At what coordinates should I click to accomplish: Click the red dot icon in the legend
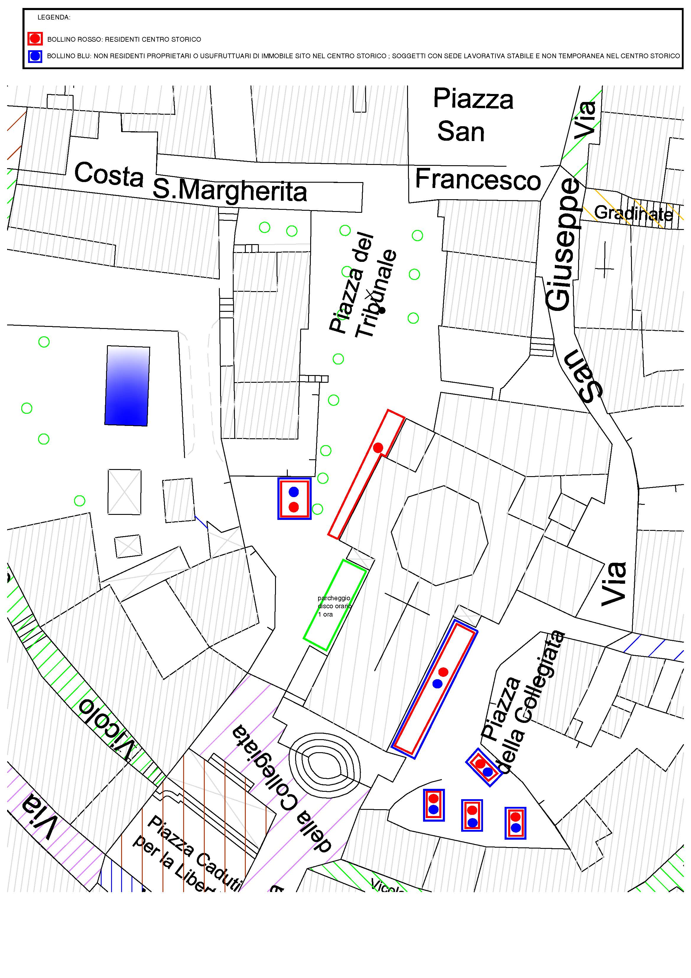[x=35, y=39]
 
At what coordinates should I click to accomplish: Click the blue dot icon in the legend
[x=35, y=56]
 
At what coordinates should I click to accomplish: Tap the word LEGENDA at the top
[x=54, y=17]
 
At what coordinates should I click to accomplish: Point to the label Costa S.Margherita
[x=190, y=182]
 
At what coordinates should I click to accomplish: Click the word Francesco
[x=478, y=179]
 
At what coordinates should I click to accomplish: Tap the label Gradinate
[x=633, y=213]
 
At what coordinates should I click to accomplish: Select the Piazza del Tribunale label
[x=363, y=285]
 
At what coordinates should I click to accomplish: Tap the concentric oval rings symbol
[x=324, y=769]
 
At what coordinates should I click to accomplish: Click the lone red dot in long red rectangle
[x=378, y=448]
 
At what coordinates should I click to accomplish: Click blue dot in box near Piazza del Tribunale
[x=294, y=492]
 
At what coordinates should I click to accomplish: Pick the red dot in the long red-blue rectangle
[x=443, y=672]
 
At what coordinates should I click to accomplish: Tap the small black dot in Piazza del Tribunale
[x=382, y=310]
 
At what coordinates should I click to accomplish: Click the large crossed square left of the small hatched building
[x=124, y=492]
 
